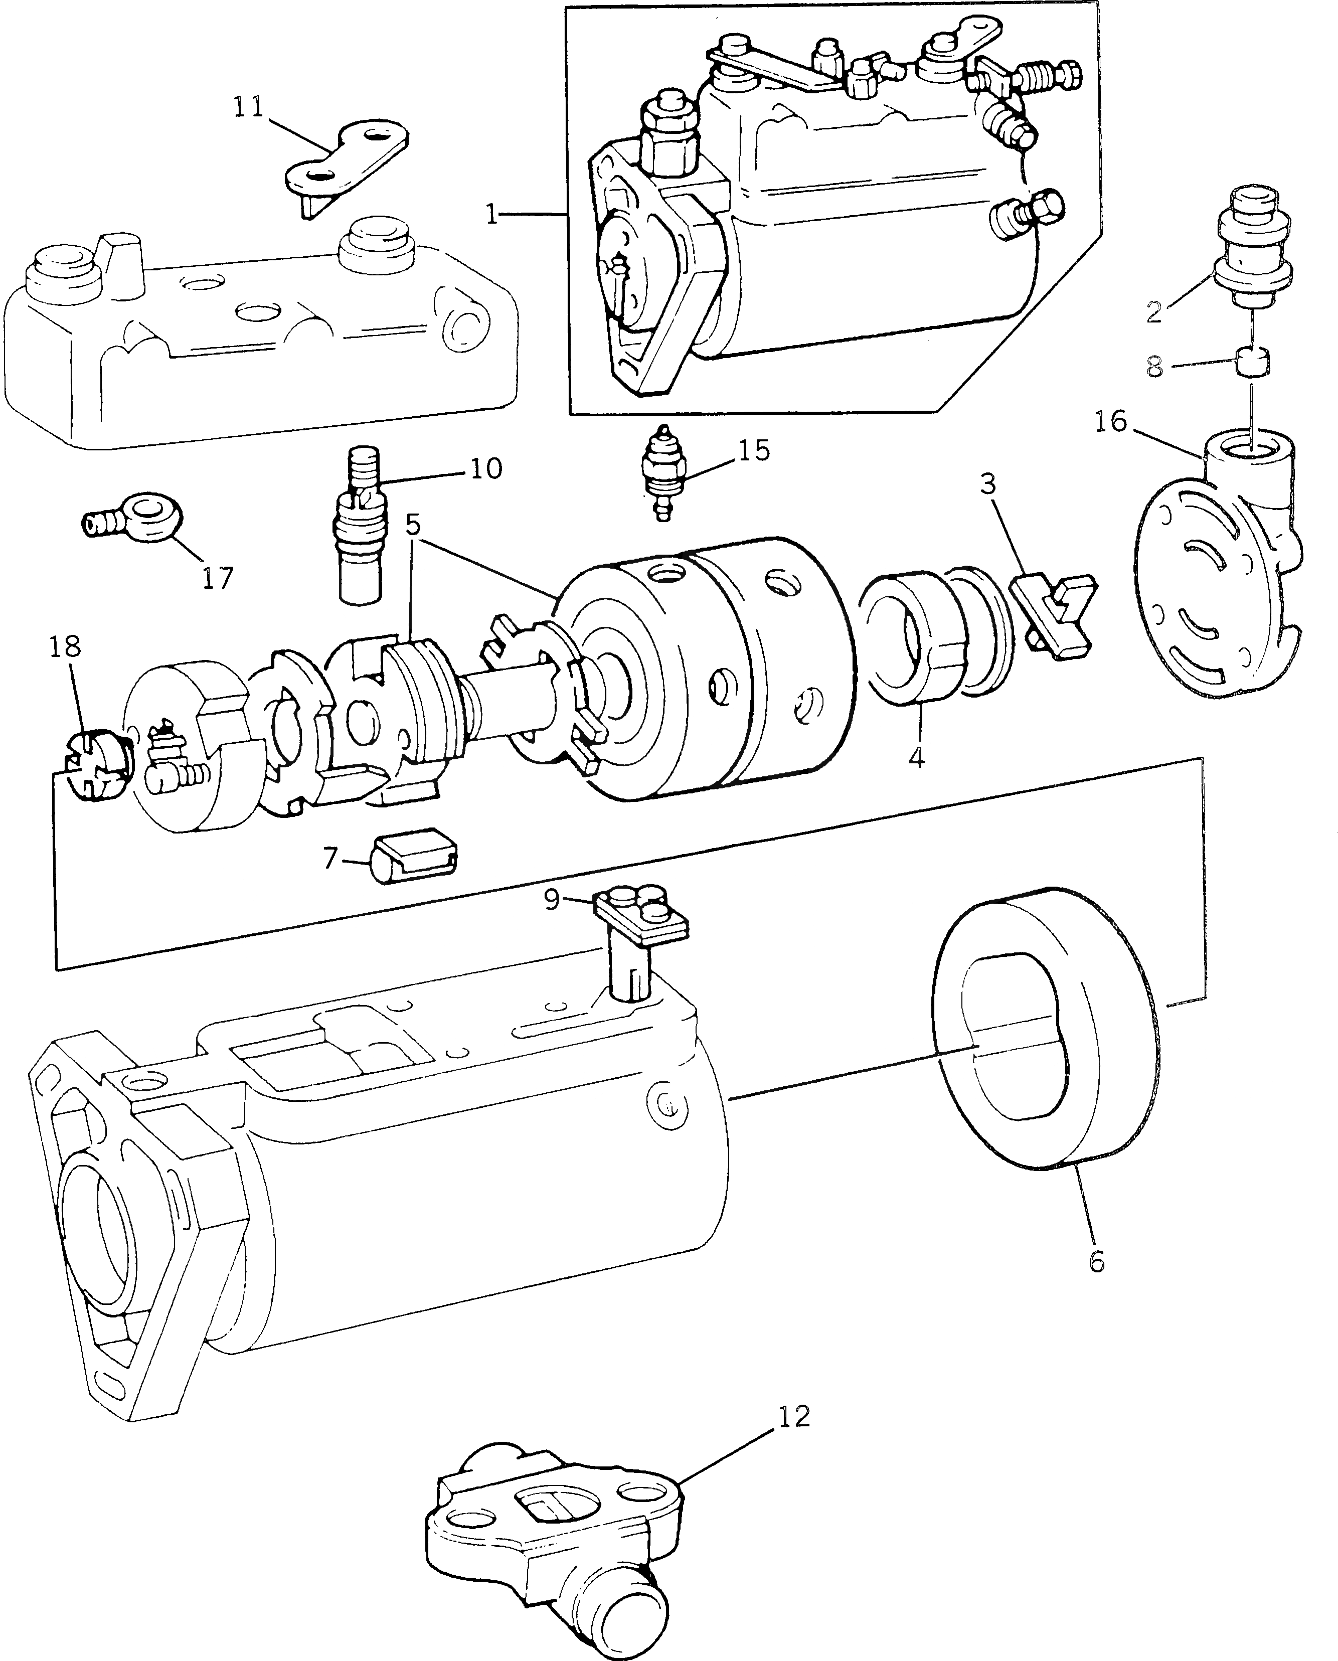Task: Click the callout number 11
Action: [x=248, y=107]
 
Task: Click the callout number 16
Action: [x=1111, y=422]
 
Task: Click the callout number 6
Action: [x=1096, y=1260]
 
